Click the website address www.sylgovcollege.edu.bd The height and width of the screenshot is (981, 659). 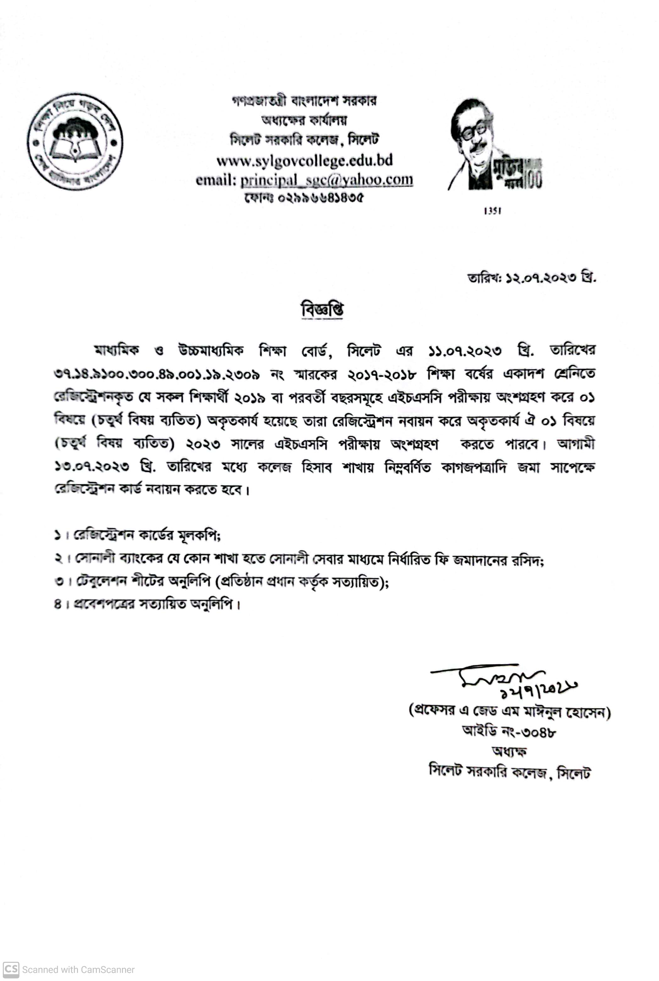click(305, 161)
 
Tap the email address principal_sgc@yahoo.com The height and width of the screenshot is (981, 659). click(327, 180)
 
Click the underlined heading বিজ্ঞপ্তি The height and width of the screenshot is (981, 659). click(322, 310)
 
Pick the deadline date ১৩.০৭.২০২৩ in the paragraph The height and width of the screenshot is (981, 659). click(91, 467)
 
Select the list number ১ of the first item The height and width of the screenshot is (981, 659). click(58, 535)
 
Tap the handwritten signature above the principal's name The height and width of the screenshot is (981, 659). click(500, 675)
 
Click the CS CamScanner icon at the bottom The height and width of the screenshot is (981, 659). click(11, 969)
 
